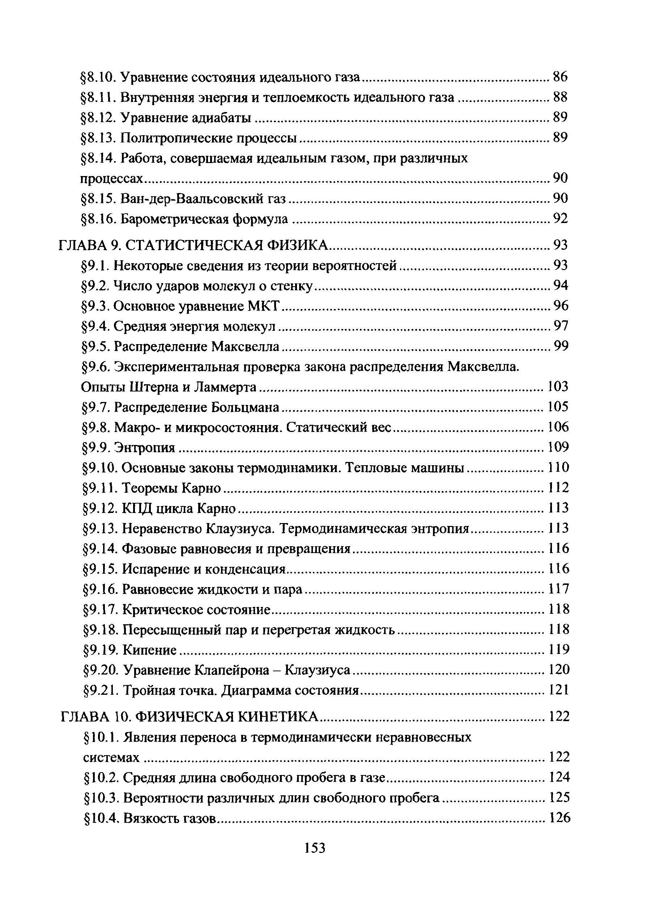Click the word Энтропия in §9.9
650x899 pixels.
click(144, 448)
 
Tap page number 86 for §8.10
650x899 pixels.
click(560, 77)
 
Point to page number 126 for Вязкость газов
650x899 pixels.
click(559, 818)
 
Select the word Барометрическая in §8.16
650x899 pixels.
click(176, 218)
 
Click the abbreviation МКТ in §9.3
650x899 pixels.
click(264, 306)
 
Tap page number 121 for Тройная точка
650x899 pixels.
click(559, 690)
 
